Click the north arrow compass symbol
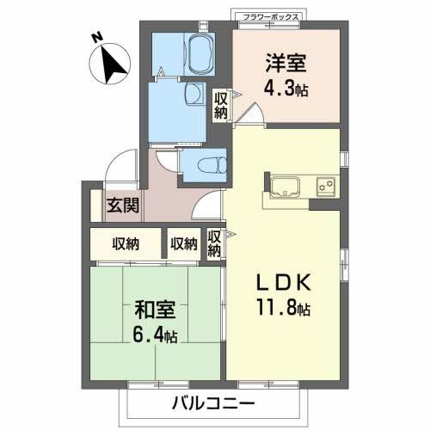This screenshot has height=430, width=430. pyautogui.click(x=110, y=64)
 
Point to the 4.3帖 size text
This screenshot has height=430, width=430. pyautogui.click(x=286, y=88)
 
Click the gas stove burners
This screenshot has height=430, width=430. pyautogui.click(x=325, y=184)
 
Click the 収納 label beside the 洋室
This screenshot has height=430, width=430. pyautogui.click(x=221, y=104)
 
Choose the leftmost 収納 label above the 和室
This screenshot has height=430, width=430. pyautogui.click(x=126, y=244)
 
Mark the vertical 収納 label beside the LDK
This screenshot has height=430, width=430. pyautogui.click(x=214, y=243)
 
